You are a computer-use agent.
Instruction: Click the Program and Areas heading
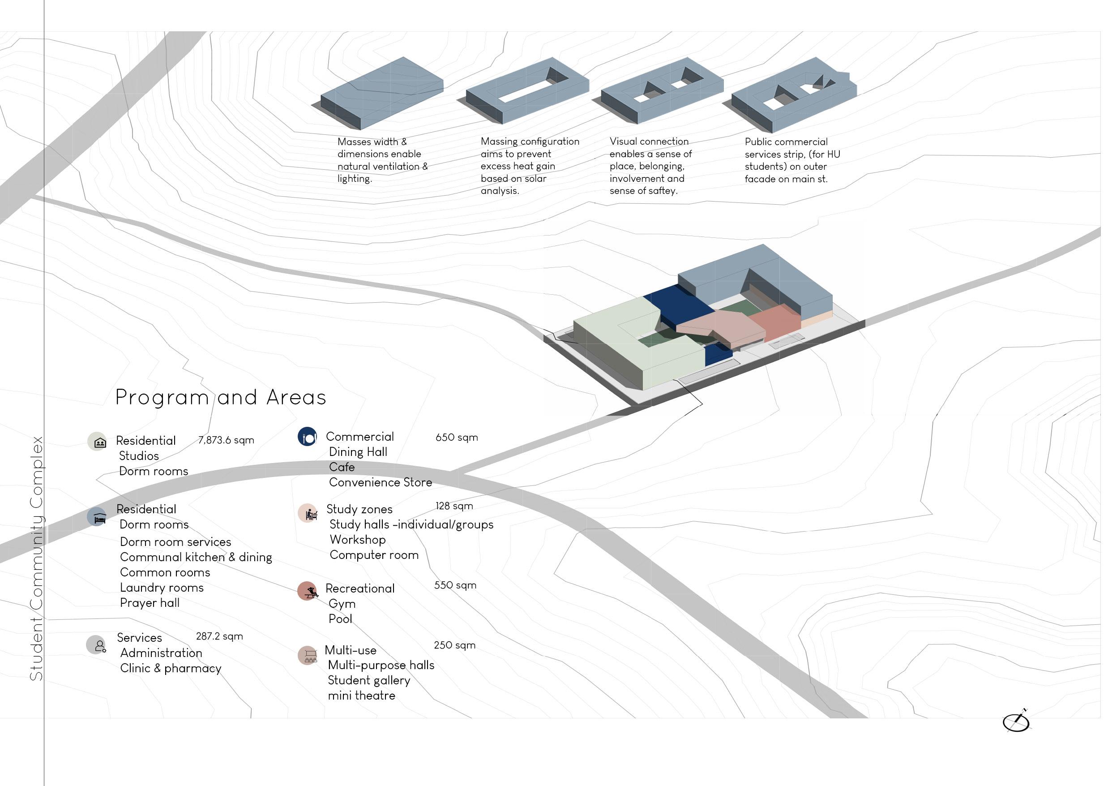coord(221,397)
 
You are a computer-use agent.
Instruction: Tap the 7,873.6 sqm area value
coord(226,440)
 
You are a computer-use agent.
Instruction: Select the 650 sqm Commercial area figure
coord(456,437)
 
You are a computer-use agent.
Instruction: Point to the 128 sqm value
coord(454,506)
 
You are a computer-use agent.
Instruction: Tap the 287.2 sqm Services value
coord(219,636)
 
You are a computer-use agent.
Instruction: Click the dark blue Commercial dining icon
coord(307,437)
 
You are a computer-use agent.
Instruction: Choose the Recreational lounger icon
coord(307,591)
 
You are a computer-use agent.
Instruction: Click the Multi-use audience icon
coord(307,655)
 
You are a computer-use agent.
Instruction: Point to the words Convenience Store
coord(380,482)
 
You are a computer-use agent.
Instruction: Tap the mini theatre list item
coord(361,696)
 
